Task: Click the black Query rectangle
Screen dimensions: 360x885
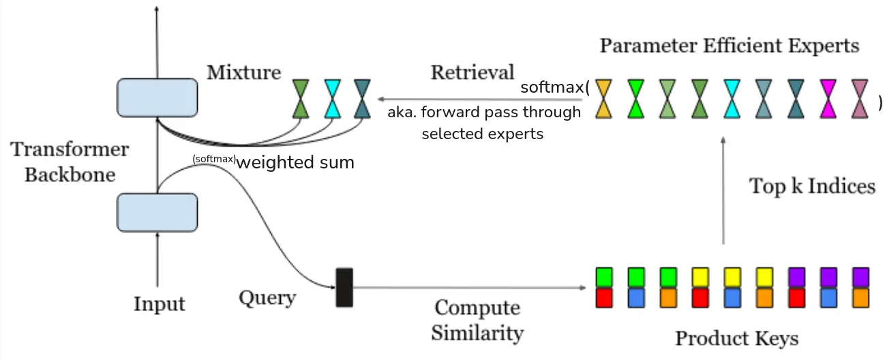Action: [x=344, y=287]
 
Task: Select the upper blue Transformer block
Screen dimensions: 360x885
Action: [x=157, y=97]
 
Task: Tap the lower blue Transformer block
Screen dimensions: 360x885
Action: [x=157, y=211]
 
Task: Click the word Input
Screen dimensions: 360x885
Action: [x=159, y=303]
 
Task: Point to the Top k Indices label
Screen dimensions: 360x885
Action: [x=812, y=186]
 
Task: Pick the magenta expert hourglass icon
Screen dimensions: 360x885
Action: [x=828, y=100]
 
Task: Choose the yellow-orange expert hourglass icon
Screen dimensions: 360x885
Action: [x=603, y=100]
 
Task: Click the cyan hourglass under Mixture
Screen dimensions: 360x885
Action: [x=332, y=100]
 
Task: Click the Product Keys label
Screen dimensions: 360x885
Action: [x=736, y=338]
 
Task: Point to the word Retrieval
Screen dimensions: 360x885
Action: [x=472, y=72]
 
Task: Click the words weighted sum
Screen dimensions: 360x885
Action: [x=295, y=163]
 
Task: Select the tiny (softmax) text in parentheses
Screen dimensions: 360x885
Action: [x=214, y=160]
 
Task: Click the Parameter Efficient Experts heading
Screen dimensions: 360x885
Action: [x=729, y=46]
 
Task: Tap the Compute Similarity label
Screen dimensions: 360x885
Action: [x=478, y=320]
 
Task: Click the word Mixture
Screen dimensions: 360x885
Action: [x=243, y=72]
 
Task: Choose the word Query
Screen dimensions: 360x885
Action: [x=267, y=298]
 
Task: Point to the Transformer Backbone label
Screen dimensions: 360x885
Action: [x=70, y=162]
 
